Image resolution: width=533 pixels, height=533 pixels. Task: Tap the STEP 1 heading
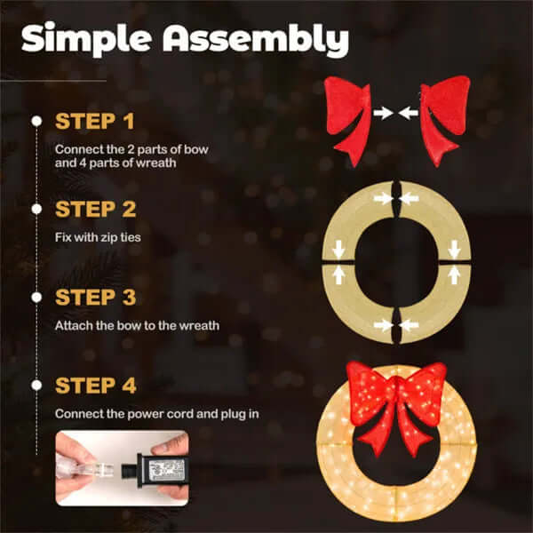pyautogui.click(x=95, y=121)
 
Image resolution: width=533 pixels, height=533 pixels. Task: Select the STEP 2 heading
pyautogui.click(x=95, y=210)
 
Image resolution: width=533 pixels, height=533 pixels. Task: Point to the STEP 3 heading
pyautogui.click(x=95, y=297)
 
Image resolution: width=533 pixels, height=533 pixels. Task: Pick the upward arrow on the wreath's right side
pyautogui.click(x=455, y=276)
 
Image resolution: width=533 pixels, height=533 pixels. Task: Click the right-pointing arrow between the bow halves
pyautogui.click(x=383, y=113)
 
